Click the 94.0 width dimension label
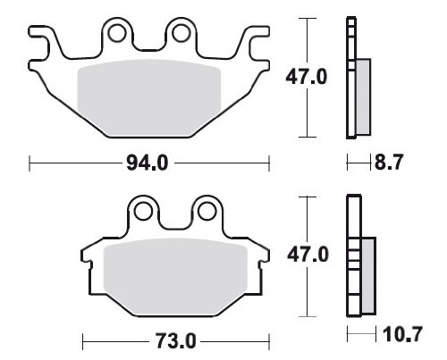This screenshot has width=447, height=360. [x=148, y=163]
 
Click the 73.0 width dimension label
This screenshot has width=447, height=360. [x=175, y=341]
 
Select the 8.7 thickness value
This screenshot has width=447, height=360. [x=389, y=163]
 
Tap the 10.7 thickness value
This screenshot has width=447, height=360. [x=402, y=334]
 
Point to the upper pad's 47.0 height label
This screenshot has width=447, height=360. [x=307, y=77]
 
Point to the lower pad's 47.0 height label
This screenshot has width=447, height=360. [x=308, y=255]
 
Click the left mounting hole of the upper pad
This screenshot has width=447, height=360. [x=117, y=33]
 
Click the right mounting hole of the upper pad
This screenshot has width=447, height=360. [x=181, y=33]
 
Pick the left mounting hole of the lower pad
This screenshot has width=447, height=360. [x=143, y=212]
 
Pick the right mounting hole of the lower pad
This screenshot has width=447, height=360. [x=207, y=212]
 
